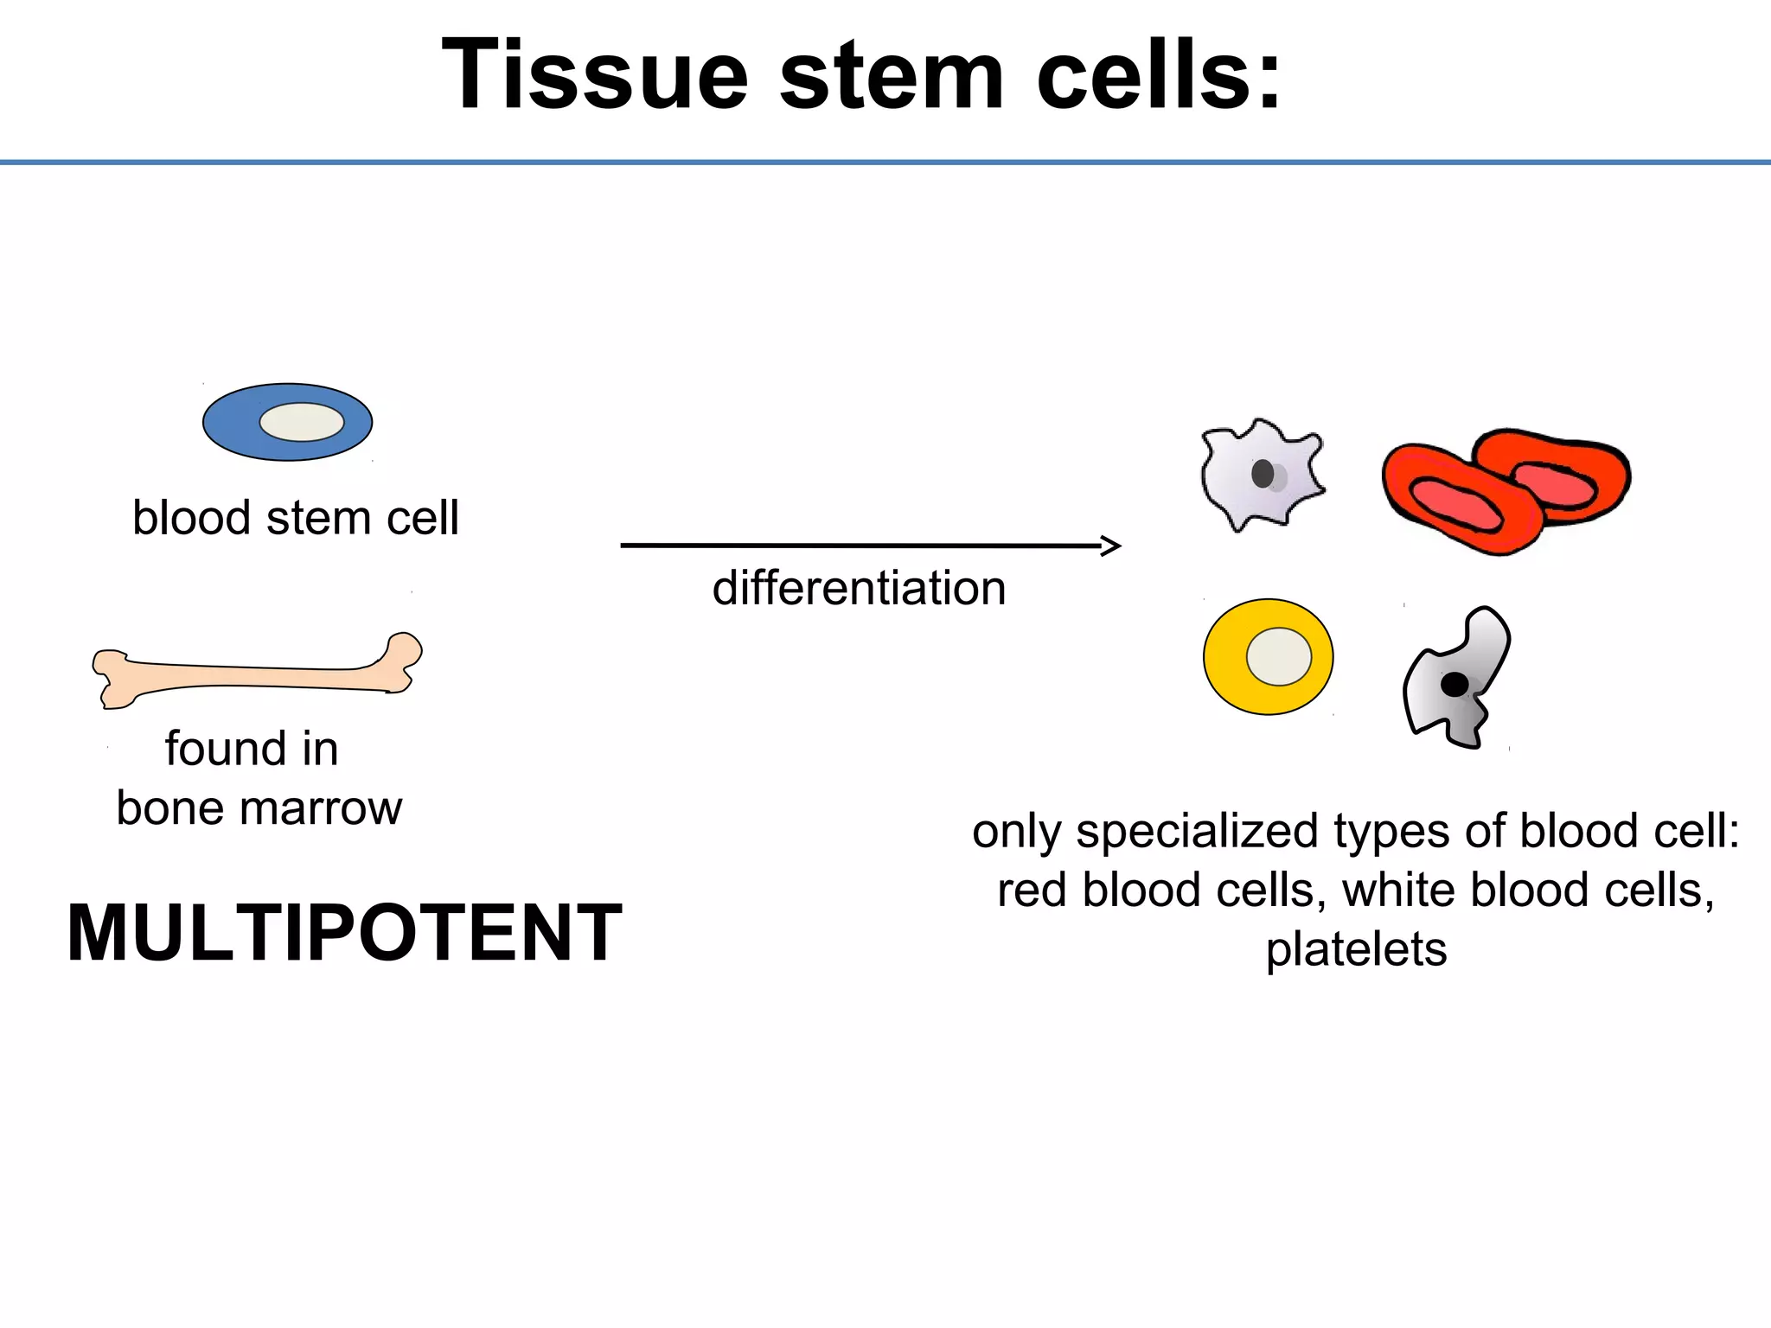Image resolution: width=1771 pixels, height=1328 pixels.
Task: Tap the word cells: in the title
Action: pyautogui.click(x=1159, y=76)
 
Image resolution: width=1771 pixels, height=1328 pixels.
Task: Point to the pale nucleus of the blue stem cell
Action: pyautogui.click(x=302, y=423)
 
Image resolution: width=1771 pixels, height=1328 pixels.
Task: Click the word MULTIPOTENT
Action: pyautogui.click(x=344, y=934)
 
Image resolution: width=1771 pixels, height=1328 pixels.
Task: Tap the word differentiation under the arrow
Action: pyautogui.click(x=859, y=589)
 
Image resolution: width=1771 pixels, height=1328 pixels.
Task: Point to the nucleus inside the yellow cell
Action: pyautogui.click(x=1278, y=657)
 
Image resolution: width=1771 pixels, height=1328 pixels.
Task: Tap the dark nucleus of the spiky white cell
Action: pyautogui.click(x=1263, y=474)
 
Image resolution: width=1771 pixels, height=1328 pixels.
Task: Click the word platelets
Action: pyautogui.click(x=1356, y=950)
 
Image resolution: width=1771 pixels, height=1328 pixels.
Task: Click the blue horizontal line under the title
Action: pyautogui.click(x=885, y=162)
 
